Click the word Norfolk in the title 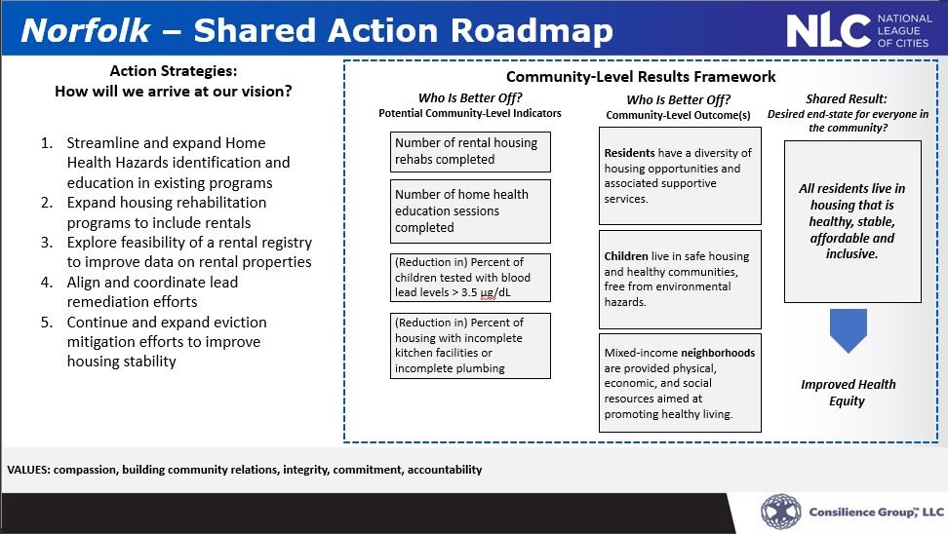[86, 30]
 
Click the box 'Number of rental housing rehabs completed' [470, 151]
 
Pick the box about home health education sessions [470, 210]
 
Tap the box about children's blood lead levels [470, 278]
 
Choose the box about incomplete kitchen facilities [470, 345]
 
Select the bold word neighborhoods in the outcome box [718, 353]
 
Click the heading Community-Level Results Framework [641, 77]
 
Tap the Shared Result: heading [847, 99]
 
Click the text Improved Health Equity [848, 392]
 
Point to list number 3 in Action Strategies [47, 243]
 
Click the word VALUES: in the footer [28, 470]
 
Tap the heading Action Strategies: [173, 71]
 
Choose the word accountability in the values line [445, 470]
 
